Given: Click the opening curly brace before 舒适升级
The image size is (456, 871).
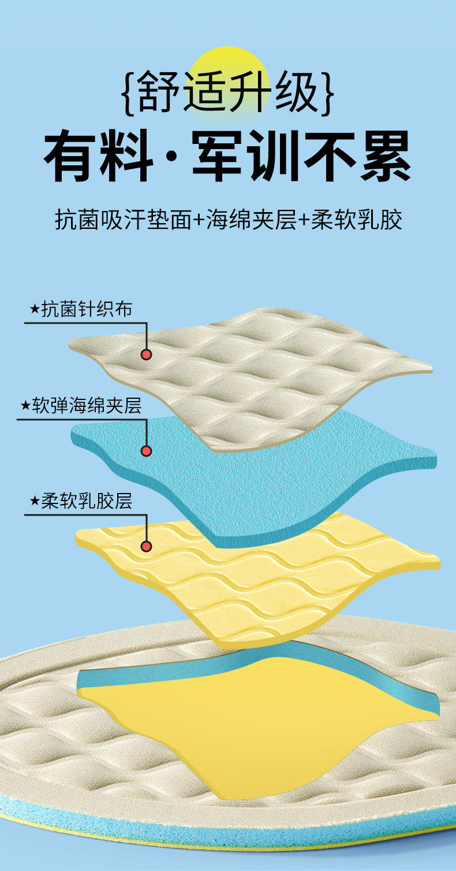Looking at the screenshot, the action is [129, 91].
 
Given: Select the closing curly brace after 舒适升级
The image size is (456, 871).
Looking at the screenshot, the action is [327, 91].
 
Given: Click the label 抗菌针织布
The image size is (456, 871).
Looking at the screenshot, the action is [87, 310].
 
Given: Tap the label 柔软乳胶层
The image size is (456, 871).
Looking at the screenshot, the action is [87, 501].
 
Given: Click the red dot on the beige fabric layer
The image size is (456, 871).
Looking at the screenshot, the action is [147, 354].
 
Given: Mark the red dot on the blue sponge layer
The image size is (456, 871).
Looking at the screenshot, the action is [147, 450].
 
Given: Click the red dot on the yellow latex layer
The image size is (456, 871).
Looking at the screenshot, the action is [147, 546].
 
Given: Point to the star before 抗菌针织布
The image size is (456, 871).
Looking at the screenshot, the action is [34, 310].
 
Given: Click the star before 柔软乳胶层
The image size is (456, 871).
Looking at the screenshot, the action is [34, 501].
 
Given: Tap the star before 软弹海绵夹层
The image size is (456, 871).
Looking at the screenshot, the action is [25, 406].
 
